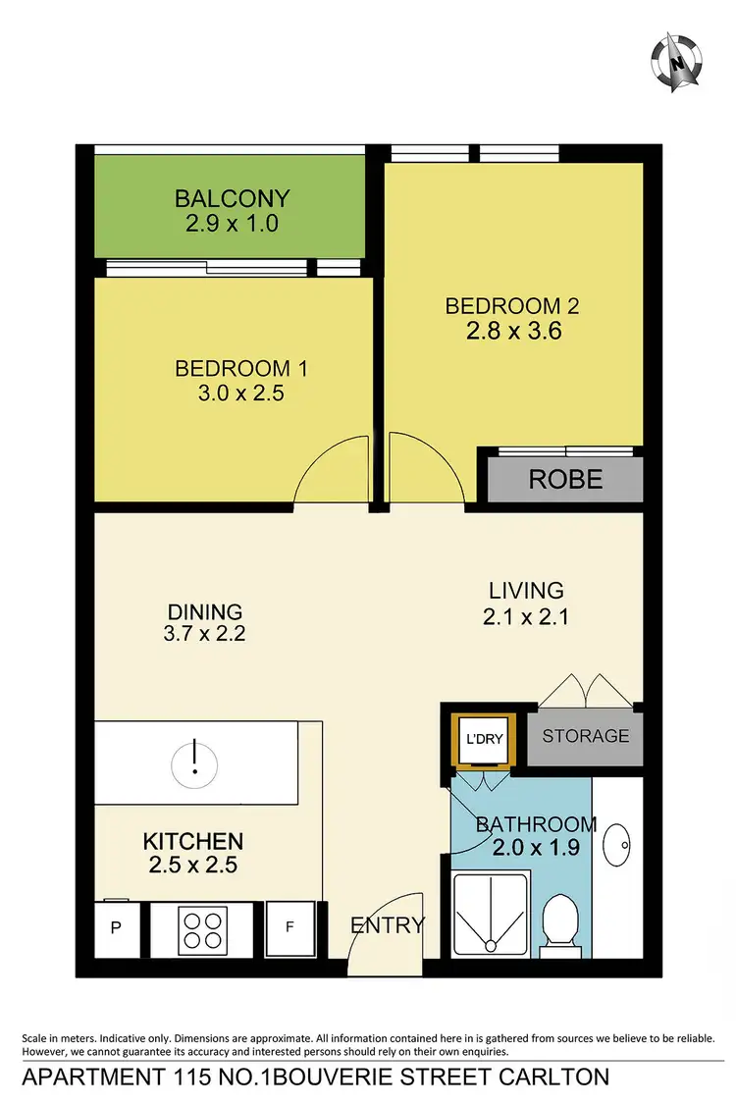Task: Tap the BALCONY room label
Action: click(x=233, y=198)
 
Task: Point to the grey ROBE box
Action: click(x=565, y=480)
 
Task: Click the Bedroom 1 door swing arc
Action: click(x=331, y=471)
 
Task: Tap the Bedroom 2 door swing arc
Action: click(x=425, y=471)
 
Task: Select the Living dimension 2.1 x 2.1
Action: click(x=527, y=617)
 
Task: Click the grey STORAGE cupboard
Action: click(x=585, y=736)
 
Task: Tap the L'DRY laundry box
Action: click(x=482, y=739)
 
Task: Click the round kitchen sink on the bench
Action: click(x=194, y=761)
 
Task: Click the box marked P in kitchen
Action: click(x=116, y=927)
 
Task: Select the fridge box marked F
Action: click(x=290, y=927)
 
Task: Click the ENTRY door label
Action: click(x=389, y=924)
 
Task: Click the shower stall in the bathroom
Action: click(x=490, y=913)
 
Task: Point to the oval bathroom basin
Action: click(x=619, y=841)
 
